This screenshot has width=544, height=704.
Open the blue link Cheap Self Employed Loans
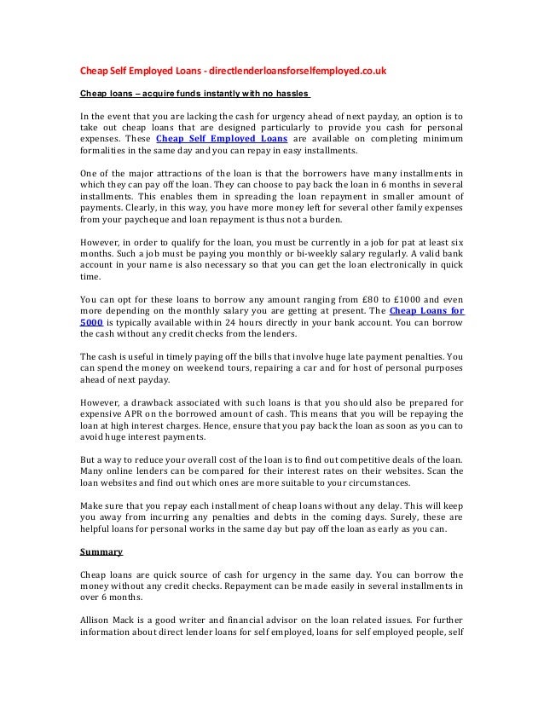click(x=222, y=138)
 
